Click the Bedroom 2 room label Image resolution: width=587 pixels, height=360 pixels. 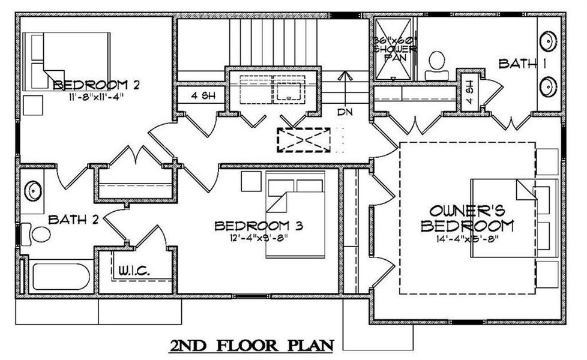(x=96, y=85)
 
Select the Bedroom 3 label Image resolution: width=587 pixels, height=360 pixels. (x=258, y=226)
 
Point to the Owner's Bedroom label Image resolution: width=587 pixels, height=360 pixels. (x=467, y=218)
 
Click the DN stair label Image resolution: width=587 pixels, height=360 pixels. (x=345, y=112)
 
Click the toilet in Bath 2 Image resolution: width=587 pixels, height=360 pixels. (x=37, y=233)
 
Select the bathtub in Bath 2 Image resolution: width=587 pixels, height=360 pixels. (x=61, y=277)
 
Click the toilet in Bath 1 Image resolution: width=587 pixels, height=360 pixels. (x=437, y=64)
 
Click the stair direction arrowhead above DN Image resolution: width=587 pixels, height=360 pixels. (x=345, y=76)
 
